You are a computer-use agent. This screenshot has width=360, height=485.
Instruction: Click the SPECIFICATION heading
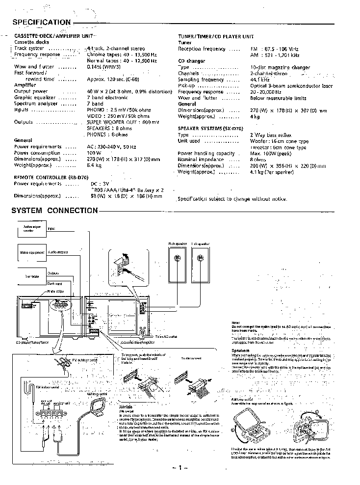(x=41, y=22)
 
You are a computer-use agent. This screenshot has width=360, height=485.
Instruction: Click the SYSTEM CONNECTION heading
(x=54, y=211)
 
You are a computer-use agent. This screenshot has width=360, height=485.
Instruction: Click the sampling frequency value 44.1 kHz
(x=260, y=80)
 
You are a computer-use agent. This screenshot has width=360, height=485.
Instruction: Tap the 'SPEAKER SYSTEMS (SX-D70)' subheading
(x=211, y=128)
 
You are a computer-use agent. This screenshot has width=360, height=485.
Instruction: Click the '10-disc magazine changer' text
(x=280, y=67)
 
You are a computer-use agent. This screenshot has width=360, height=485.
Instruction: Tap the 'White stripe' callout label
(x=54, y=291)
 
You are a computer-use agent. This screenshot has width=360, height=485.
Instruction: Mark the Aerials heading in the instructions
(x=126, y=407)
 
